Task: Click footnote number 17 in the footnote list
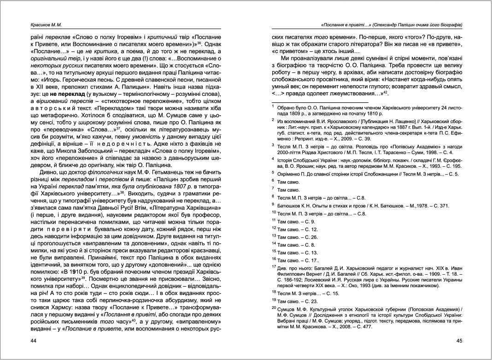[x=274, y=266]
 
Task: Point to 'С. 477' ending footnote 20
[x=363, y=327]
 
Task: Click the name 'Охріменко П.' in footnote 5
[x=294, y=174]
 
